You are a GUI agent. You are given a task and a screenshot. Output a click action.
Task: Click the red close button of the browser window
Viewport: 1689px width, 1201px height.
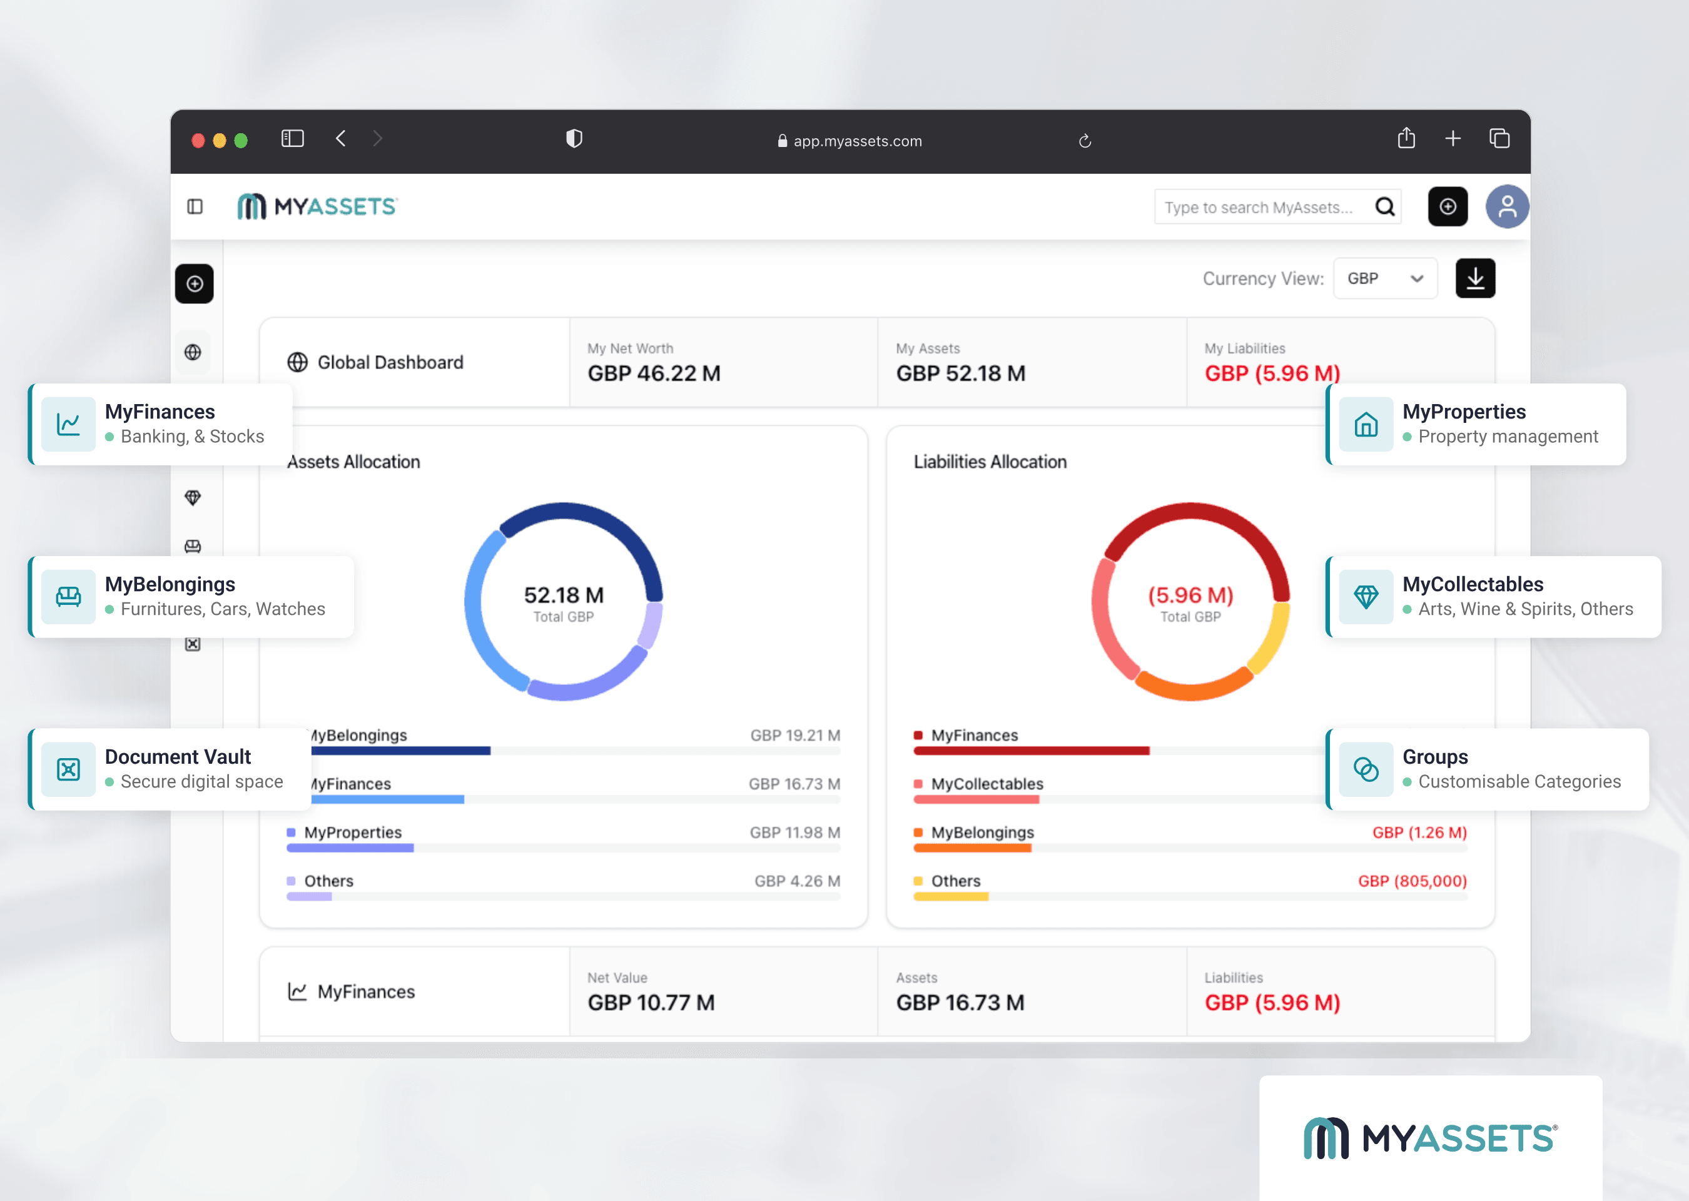(x=198, y=141)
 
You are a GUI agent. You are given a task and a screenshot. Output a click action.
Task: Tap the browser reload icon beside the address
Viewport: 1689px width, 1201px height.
(x=1085, y=141)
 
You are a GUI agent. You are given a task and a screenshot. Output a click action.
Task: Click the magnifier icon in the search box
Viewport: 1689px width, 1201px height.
(x=1384, y=207)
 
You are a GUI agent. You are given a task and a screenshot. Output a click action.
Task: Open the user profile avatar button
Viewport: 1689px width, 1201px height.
(x=1507, y=206)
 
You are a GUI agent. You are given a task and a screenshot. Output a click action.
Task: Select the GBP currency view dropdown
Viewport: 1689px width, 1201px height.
(x=1384, y=279)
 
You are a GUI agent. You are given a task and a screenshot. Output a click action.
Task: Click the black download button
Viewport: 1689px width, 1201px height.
(x=1474, y=279)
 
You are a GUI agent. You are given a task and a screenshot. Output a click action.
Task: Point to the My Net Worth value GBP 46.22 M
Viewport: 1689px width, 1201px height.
(x=654, y=373)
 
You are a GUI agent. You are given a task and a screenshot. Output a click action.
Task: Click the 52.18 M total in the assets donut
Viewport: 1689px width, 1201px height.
(x=564, y=595)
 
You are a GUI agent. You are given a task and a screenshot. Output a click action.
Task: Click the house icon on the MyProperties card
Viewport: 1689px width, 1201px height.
(x=1365, y=425)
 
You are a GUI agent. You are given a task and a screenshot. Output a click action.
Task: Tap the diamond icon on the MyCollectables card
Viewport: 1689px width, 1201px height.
(x=1365, y=597)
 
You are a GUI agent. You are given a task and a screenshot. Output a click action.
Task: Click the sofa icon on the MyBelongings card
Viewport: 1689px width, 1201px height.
(x=69, y=597)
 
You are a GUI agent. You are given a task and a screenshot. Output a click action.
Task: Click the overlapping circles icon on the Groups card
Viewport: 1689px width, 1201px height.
(x=1365, y=769)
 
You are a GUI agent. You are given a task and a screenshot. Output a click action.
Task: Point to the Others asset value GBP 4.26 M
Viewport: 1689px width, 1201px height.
(x=796, y=881)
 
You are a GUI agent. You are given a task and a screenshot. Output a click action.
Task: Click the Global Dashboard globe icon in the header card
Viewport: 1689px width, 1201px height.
(x=297, y=362)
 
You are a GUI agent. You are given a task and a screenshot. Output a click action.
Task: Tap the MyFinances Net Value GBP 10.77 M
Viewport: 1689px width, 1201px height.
(x=651, y=1003)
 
